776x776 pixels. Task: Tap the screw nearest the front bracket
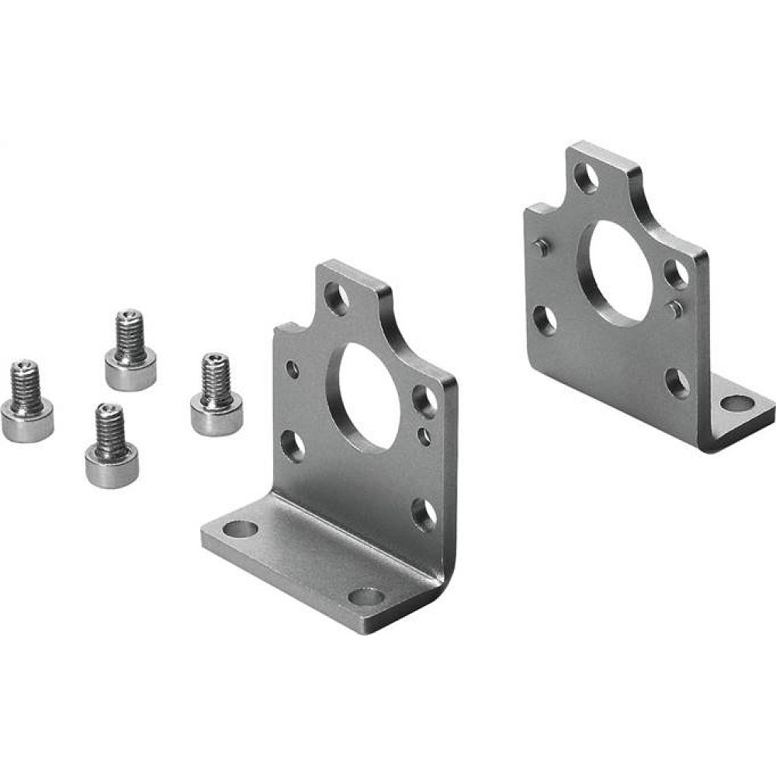(x=216, y=396)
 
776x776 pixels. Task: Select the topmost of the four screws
(x=130, y=351)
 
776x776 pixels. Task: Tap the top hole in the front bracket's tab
(x=336, y=298)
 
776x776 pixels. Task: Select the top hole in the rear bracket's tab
(x=586, y=178)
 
